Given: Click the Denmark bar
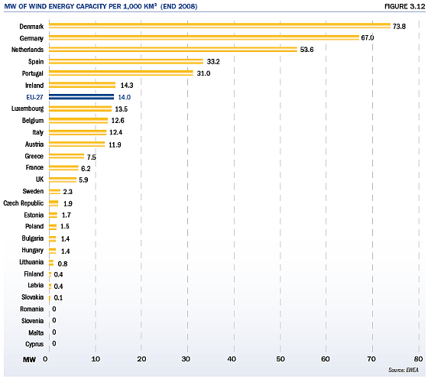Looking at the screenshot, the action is pos(220,26).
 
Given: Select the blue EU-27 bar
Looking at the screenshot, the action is pos(81,97).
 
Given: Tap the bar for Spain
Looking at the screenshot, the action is pos(126,61).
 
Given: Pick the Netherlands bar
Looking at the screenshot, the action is pos(173,50).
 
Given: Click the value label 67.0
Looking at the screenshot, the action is pos(368,37).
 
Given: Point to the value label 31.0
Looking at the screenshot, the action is pos(203,73).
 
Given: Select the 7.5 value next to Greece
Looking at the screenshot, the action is pos(92,157).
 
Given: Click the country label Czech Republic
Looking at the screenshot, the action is pos(24,203).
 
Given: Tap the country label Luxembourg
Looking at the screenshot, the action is pos(28,109).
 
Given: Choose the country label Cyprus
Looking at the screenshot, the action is pos(34,344).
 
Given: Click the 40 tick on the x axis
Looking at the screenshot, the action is pos(232,359).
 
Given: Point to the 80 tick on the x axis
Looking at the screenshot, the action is pos(419,359).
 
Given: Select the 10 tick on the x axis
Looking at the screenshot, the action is pos(96,359).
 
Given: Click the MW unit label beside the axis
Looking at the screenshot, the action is pos(29,360).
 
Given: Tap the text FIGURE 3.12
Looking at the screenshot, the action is pos(405,6).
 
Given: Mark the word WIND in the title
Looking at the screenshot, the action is pos(37,6).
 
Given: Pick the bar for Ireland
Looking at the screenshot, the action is pos(83,85).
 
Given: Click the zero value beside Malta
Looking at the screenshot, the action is pos(54,332).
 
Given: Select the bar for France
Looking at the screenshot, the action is pos(63,167).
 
